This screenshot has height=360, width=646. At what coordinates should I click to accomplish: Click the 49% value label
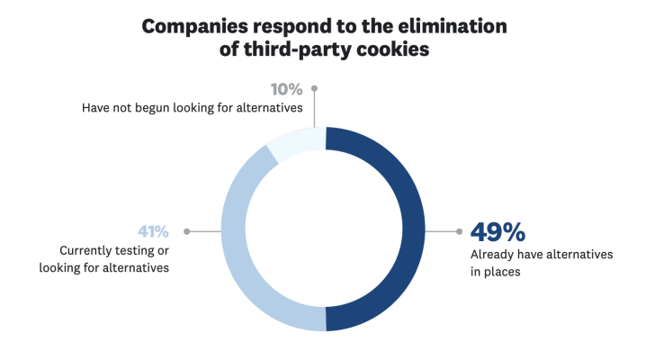(x=498, y=232)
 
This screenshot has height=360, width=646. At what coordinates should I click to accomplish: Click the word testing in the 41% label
(x=143, y=250)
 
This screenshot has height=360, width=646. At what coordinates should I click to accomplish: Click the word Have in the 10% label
(x=96, y=108)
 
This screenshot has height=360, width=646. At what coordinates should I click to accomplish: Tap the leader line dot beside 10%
(x=314, y=88)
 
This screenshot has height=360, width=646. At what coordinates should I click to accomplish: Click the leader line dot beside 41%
(x=185, y=231)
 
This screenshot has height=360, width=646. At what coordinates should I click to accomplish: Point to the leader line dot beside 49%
(x=460, y=231)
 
